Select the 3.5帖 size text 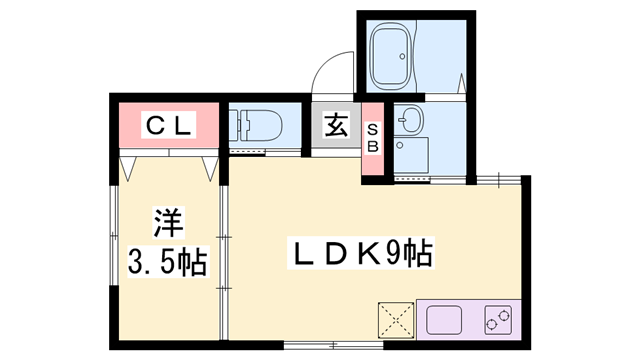click(167, 262)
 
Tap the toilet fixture click(262, 127)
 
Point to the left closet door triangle click(129, 167)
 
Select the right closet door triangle click(210, 167)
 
